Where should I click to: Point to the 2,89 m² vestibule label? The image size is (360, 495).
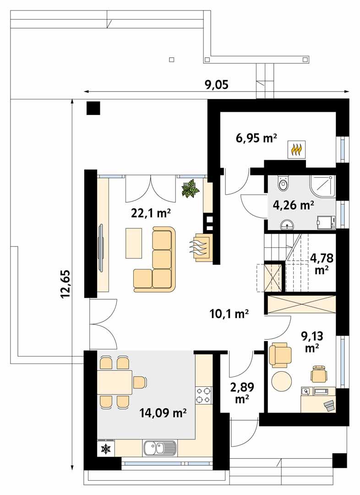[x=242, y=393]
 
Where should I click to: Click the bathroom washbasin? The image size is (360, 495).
[x=287, y=224]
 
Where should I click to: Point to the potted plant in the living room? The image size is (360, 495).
[x=190, y=188]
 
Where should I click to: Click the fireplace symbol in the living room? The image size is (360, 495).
[x=202, y=247]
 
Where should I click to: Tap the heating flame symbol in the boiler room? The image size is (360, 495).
[x=297, y=149]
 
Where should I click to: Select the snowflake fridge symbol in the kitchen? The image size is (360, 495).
[x=106, y=449]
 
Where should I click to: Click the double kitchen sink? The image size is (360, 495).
[x=159, y=447]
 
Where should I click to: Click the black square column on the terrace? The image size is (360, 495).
[x=93, y=108]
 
